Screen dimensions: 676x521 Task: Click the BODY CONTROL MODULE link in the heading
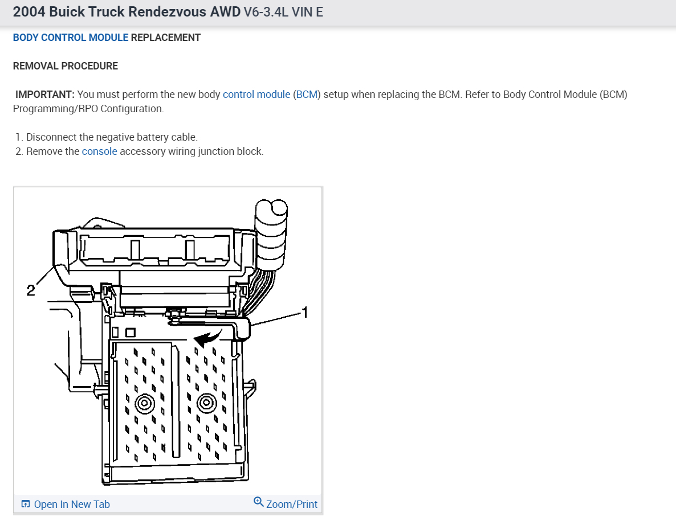[71, 38]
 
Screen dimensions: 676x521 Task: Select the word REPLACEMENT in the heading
[166, 38]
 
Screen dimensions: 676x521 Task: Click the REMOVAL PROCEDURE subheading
[66, 66]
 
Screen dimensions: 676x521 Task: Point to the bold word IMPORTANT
[45, 95]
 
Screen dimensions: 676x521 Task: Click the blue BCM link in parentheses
[307, 95]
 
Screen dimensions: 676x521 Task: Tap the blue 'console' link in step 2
[100, 151]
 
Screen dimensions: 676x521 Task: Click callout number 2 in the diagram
[31, 290]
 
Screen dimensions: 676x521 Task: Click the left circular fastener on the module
[144, 404]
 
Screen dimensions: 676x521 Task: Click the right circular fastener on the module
[206, 404]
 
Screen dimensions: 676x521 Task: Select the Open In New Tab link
[71, 504]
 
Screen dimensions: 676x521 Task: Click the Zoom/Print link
[291, 504]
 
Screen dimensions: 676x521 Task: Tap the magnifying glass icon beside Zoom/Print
[259, 502]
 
